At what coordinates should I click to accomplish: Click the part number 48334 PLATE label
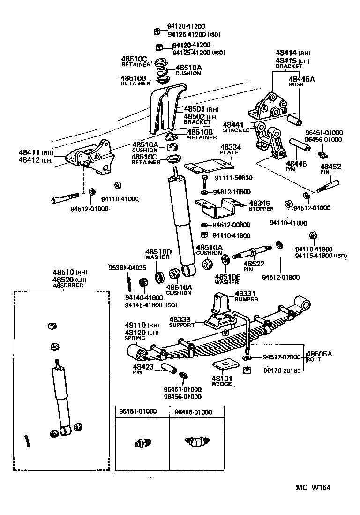tap(229, 149)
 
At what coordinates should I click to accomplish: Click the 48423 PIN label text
tap(141, 369)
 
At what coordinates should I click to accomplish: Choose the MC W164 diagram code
tap(313, 487)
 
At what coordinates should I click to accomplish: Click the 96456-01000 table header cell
tap(193, 412)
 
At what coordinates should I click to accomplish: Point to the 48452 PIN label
tap(331, 169)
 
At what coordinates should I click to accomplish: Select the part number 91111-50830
tap(233, 178)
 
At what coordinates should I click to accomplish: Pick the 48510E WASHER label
tap(227, 280)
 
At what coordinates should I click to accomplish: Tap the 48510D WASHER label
tap(158, 254)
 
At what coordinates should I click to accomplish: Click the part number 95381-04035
tap(127, 268)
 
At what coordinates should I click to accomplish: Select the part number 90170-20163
tap(281, 370)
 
